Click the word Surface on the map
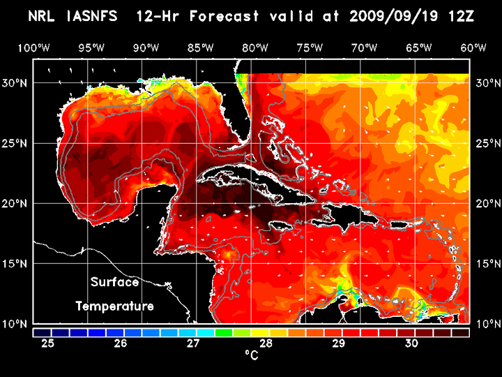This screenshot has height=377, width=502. point(114,283)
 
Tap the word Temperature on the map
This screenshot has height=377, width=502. point(114,306)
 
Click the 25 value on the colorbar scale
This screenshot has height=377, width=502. point(48,343)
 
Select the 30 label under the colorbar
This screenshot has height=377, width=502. point(411,343)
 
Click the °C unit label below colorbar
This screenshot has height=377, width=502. point(252,356)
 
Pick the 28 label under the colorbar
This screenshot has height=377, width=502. point(266,343)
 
